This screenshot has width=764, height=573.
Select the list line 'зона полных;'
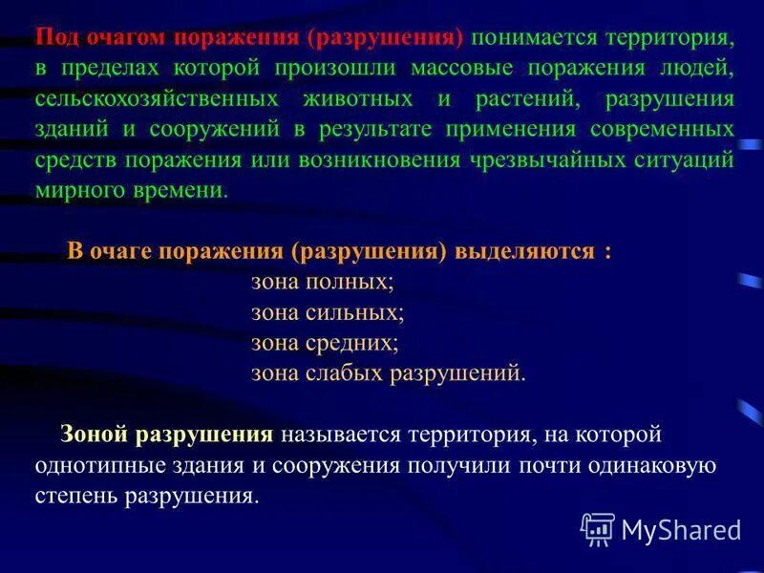coord(323,282)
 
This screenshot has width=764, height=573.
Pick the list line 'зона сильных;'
coord(328,311)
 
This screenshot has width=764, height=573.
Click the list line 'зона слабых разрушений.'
coord(388,371)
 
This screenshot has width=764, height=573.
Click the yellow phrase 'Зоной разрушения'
coord(167,435)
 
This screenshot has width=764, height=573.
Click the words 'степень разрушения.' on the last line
coord(146,496)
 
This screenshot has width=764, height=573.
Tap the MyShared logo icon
coord(598,528)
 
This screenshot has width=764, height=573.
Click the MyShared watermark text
coord(680,529)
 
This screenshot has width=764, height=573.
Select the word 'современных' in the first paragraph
coord(668,128)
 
